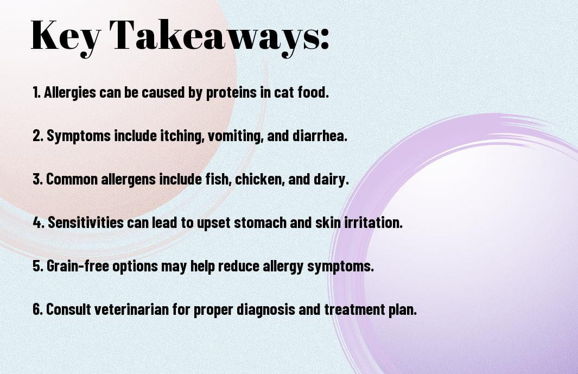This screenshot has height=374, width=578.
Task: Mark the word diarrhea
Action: pos(320,135)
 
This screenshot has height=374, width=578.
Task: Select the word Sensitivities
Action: pos(86,223)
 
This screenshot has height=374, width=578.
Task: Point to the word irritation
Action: pos(373,223)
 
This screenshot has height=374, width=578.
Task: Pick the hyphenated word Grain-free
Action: pos(78,266)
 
